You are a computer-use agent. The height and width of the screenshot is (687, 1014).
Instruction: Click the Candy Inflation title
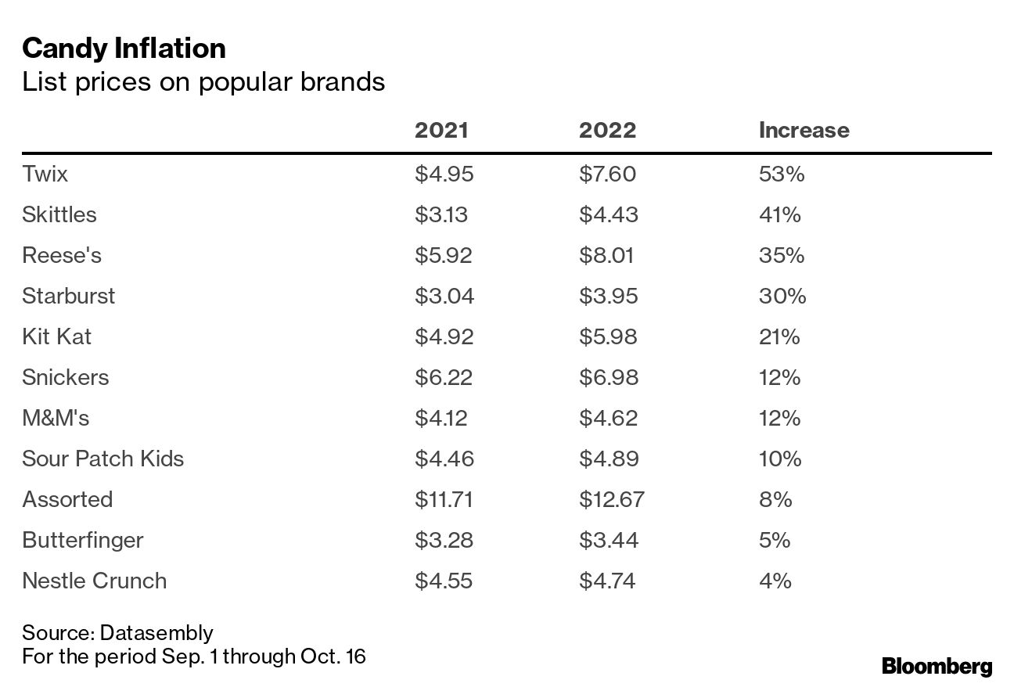click(124, 49)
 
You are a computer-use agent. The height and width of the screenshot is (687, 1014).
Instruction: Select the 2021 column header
click(441, 130)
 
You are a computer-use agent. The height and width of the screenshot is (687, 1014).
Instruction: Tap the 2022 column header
click(607, 130)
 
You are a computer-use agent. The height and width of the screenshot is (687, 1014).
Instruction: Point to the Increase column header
click(804, 130)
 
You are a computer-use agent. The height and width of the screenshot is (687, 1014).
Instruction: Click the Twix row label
click(45, 174)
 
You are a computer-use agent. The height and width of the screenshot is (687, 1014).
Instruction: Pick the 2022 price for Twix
click(607, 174)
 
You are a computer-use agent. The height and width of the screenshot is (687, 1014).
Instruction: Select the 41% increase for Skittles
click(779, 214)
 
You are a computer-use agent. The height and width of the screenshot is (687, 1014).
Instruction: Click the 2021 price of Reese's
click(444, 255)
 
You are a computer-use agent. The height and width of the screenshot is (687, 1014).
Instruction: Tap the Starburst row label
click(68, 296)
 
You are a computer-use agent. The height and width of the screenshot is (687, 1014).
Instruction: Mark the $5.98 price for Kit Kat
click(608, 336)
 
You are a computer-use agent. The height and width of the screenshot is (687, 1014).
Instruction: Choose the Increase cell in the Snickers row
click(779, 377)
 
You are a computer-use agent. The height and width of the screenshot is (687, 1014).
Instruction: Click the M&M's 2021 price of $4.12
click(440, 418)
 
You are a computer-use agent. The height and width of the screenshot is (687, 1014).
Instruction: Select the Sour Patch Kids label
click(102, 459)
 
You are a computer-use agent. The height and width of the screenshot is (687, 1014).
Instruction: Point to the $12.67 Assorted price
click(611, 499)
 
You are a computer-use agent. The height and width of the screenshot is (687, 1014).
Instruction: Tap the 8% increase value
click(775, 499)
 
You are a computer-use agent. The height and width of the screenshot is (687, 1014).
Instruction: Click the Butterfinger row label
click(82, 540)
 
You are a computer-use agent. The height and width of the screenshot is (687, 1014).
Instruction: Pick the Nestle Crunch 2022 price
click(607, 581)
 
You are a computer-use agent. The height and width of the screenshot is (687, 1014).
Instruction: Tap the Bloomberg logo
click(937, 667)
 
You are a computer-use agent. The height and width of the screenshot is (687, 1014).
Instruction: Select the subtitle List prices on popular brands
click(203, 82)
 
